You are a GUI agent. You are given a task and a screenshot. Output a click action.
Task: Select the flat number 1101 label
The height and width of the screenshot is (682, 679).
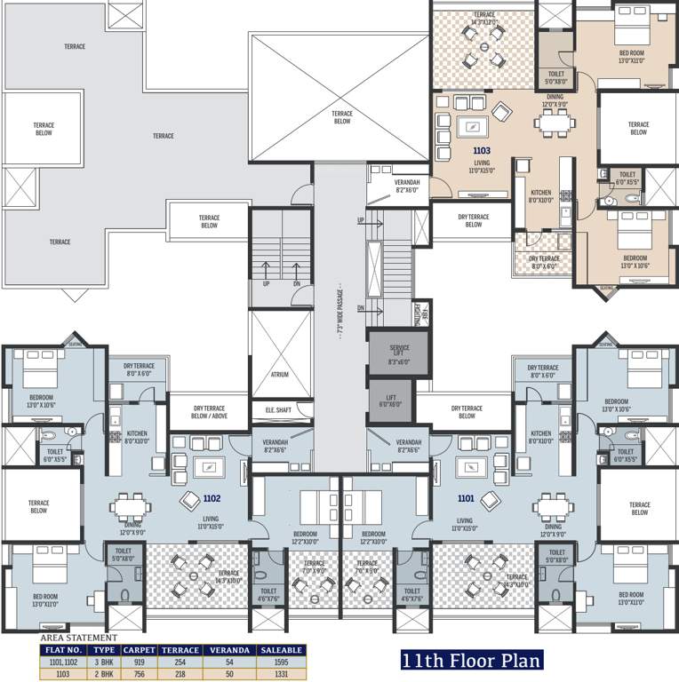tap(466, 499)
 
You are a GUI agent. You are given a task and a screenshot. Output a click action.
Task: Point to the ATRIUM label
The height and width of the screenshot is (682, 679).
tap(280, 375)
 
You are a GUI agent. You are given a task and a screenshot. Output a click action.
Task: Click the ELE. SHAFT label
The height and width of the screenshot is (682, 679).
tap(280, 410)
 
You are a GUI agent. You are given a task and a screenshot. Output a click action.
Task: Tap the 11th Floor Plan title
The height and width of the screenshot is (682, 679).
tap(470, 662)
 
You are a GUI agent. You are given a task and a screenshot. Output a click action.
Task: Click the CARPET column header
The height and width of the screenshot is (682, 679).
tap(140, 650)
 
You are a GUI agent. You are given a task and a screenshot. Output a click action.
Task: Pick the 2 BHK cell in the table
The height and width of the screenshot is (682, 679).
tap(105, 673)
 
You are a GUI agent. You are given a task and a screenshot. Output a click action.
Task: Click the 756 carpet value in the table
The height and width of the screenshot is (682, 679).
tap(140, 673)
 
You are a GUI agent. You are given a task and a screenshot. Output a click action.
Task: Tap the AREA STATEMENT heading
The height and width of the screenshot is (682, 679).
tap(78, 638)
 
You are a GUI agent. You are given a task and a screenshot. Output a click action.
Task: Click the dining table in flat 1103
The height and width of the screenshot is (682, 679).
tap(557, 125)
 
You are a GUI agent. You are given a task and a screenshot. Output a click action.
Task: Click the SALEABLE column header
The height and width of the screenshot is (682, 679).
tap(281, 650)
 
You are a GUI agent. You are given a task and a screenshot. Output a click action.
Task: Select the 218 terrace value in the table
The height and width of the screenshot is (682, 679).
tap(179, 673)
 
